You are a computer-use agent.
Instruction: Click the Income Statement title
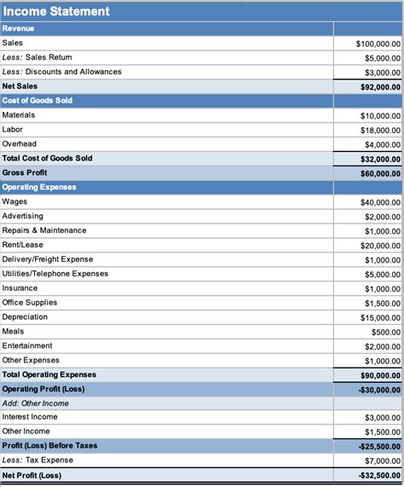(56, 12)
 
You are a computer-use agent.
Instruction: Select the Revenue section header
(20, 28)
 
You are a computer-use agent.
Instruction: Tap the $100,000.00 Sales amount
(378, 43)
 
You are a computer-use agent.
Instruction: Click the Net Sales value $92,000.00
(379, 87)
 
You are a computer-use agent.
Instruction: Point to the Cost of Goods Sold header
(38, 101)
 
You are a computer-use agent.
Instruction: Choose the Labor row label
(14, 130)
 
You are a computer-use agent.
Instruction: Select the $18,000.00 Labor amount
(380, 130)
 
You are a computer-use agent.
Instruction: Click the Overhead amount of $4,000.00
(382, 145)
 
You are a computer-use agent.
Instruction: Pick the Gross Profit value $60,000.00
(379, 173)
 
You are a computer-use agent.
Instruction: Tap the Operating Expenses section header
(39, 187)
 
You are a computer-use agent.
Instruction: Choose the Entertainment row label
(27, 345)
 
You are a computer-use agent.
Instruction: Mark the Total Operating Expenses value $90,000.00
(379, 375)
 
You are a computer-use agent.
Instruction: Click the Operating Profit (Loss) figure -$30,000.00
(378, 390)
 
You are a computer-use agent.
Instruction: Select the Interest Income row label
(30, 417)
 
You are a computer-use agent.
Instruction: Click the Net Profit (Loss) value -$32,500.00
(378, 476)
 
